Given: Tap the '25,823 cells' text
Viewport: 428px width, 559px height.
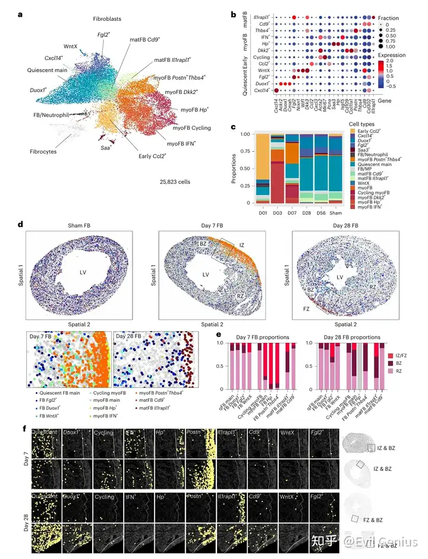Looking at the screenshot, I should pos(175,180).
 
